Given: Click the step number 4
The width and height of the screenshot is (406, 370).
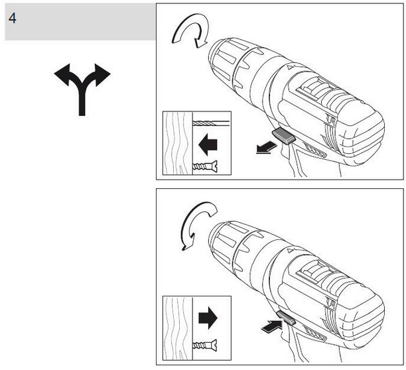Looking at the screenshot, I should coord(13,18).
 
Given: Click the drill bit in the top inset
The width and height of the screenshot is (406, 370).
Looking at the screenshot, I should coord(211,123).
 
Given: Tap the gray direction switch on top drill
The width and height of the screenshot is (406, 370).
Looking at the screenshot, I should coord(284,136).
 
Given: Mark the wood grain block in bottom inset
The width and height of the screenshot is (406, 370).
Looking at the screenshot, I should coord(176,326).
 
